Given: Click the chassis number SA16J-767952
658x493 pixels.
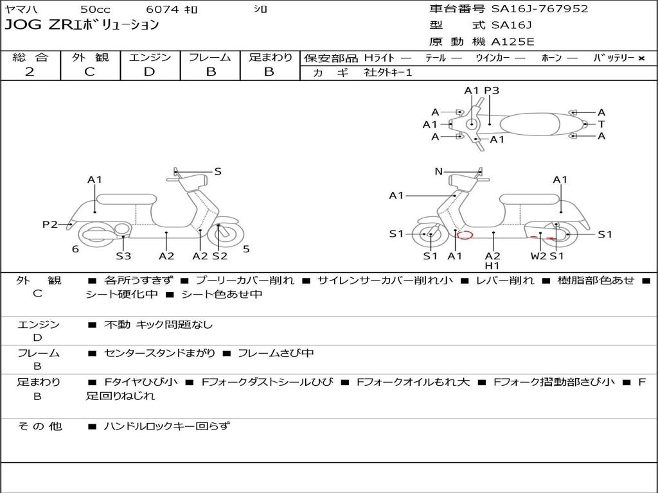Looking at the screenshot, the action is pyautogui.click(x=540, y=9).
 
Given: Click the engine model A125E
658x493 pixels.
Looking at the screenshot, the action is pyautogui.click(x=512, y=42).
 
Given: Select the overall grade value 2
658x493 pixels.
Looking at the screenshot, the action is pyautogui.click(x=30, y=72).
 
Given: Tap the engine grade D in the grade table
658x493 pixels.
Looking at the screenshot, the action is pyautogui.click(x=149, y=72).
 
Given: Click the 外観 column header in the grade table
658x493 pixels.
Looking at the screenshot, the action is pyautogui.click(x=90, y=57).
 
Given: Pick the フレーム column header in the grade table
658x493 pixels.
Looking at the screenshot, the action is pyautogui.click(x=210, y=57).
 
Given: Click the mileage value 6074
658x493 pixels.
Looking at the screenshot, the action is pyautogui.click(x=163, y=10).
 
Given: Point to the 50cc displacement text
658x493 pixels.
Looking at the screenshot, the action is pyautogui.click(x=94, y=10).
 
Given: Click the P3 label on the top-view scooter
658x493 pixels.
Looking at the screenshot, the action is pyautogui.click(x=492, y=91).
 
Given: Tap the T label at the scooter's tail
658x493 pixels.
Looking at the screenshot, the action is pyautogui.click(x=601, y=125).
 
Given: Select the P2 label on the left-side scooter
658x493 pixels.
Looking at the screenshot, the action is pyautogui.click(x=50, y=224).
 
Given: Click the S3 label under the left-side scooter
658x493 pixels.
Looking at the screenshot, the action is pyautogui.click(x=123, y=256).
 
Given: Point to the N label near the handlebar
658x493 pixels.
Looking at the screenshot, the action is pyautogui.click(x=439, y=171).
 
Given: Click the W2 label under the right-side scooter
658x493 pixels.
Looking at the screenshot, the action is pyautogui.click(x=538, y=256).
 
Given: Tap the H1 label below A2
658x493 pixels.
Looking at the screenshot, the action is pyautogui.click(x=492, y=266).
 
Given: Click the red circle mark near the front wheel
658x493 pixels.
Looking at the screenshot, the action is pyautogui.click(x=464, y=235).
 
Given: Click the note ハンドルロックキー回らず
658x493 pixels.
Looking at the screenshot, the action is pyautogui.click(x=166, y=426).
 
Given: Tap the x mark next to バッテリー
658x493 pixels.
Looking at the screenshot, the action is pyautogui.click(x=641, y=58).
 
